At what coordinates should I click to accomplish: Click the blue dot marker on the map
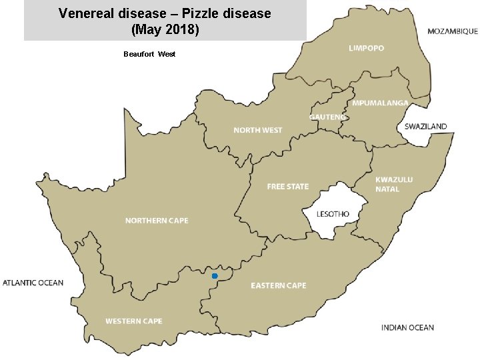(215, 276)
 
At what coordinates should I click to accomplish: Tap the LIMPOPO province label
(366, 48)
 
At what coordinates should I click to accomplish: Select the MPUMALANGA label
(380, 103)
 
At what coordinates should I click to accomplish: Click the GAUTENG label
(327, 117)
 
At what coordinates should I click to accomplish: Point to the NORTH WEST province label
(257, 130)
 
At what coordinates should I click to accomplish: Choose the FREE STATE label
(287, 187)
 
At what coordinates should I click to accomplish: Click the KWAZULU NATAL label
(394, 184)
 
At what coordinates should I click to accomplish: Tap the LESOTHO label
(333, 214)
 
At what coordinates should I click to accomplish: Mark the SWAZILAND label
(425, 126)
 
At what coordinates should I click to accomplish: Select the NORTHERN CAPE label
(157, 221)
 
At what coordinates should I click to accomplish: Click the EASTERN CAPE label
(278, 285)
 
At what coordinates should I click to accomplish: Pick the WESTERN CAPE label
(133, 321)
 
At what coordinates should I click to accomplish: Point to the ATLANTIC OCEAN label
(33, 283)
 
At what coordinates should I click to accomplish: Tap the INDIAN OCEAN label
(407, 327)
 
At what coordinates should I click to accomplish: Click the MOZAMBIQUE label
(452, 31)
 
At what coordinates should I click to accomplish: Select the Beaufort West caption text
(149, 54)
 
